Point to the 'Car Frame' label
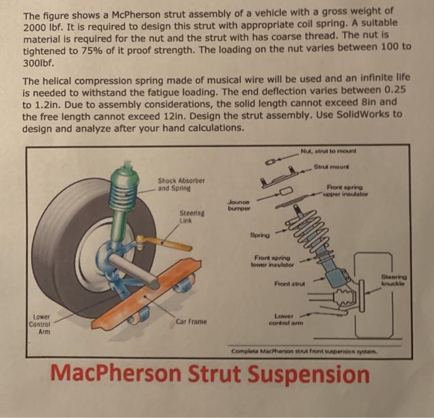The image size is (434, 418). [191, 322]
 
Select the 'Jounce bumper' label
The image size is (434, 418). [237, 205]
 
